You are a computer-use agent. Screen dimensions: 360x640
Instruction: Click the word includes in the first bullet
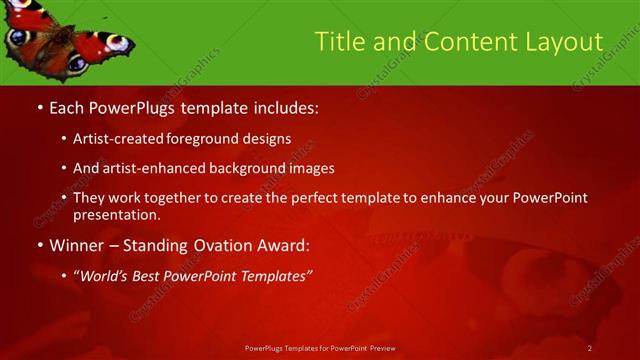(x=286, y=106)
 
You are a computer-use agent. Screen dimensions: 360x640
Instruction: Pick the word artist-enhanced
(x=162, y=168)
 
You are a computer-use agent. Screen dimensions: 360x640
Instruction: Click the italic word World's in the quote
(x=107, y=275)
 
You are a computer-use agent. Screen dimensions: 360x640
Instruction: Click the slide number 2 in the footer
(x=590, y=347)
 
